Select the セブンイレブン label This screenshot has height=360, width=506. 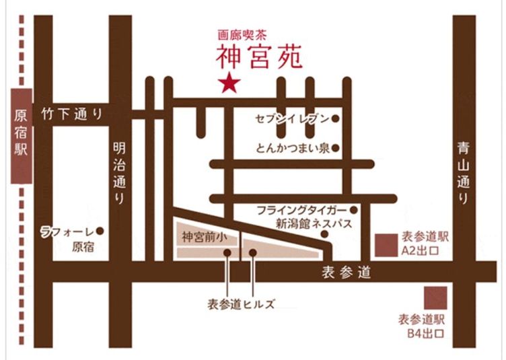tap(292, 120)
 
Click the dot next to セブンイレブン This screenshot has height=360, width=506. tap(334, 120)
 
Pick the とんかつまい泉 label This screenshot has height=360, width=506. tap(292, 148)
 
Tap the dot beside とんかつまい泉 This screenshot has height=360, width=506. tap(334, 148)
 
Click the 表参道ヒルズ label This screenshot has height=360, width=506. tap(242, 303)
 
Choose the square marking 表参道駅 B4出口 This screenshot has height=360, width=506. tap(435, 297)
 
